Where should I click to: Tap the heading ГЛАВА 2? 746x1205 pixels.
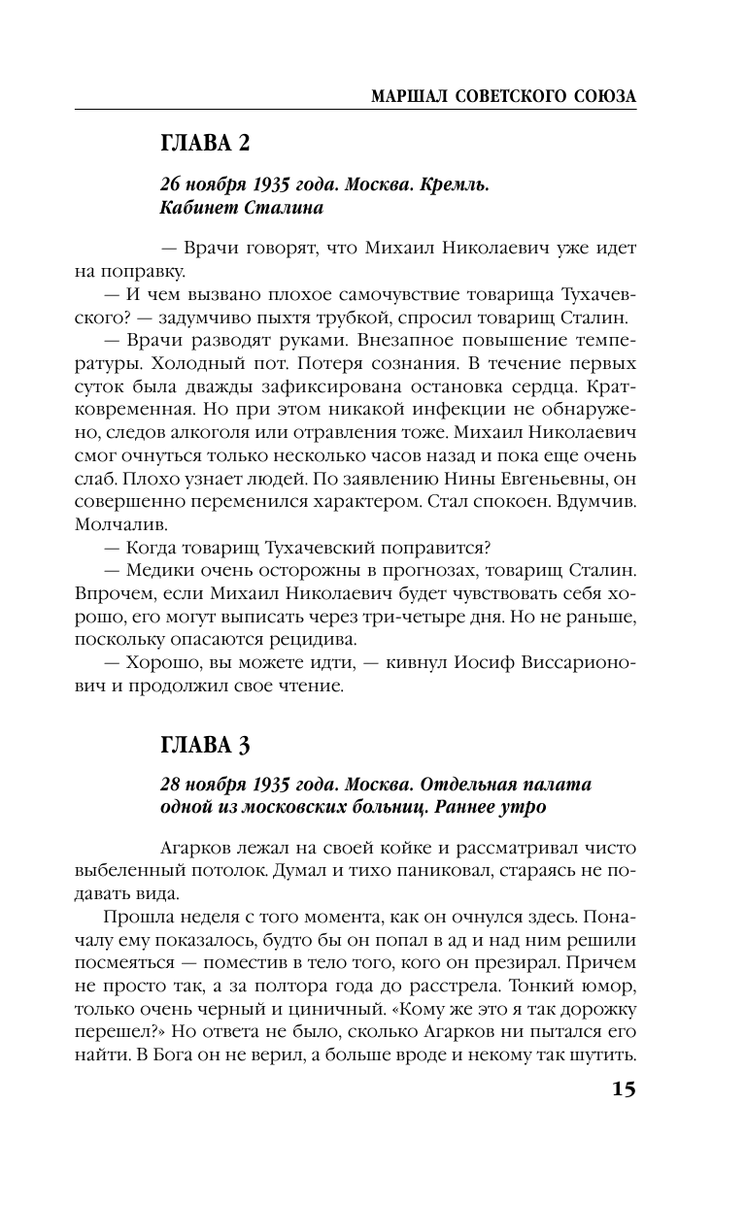click(x=205, y=144)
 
